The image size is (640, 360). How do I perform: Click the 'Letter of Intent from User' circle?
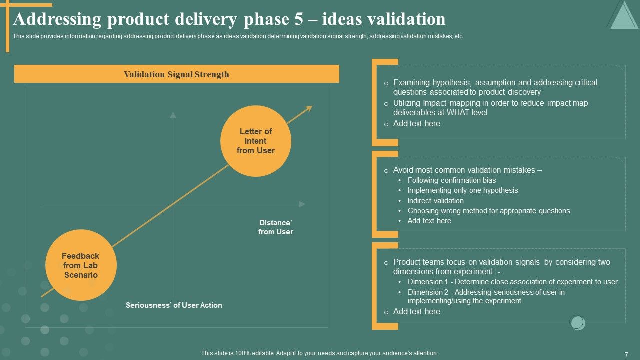coord(255,141)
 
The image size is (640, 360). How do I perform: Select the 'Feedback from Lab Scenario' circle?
coord(81,265)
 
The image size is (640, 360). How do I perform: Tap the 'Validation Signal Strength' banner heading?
coord(176,74)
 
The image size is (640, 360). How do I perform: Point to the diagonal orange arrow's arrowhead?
coord(310,107)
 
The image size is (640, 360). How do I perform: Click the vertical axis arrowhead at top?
coord(173,115)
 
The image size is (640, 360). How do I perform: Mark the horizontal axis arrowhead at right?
coord(302,204)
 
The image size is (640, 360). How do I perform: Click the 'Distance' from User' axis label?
coord(275,227)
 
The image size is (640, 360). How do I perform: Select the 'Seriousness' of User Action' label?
coord(174,305)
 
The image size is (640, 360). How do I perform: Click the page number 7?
coord(626,354)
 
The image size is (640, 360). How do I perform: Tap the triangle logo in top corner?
coord(622,15)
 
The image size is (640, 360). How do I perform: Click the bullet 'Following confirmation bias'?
coord(451,180)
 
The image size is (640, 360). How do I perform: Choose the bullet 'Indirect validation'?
coord(435,201)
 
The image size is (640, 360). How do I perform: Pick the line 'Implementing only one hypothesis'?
coord(462,190)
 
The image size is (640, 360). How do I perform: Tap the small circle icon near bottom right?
coord(577,322)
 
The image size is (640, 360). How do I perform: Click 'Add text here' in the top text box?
coord(416,124)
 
